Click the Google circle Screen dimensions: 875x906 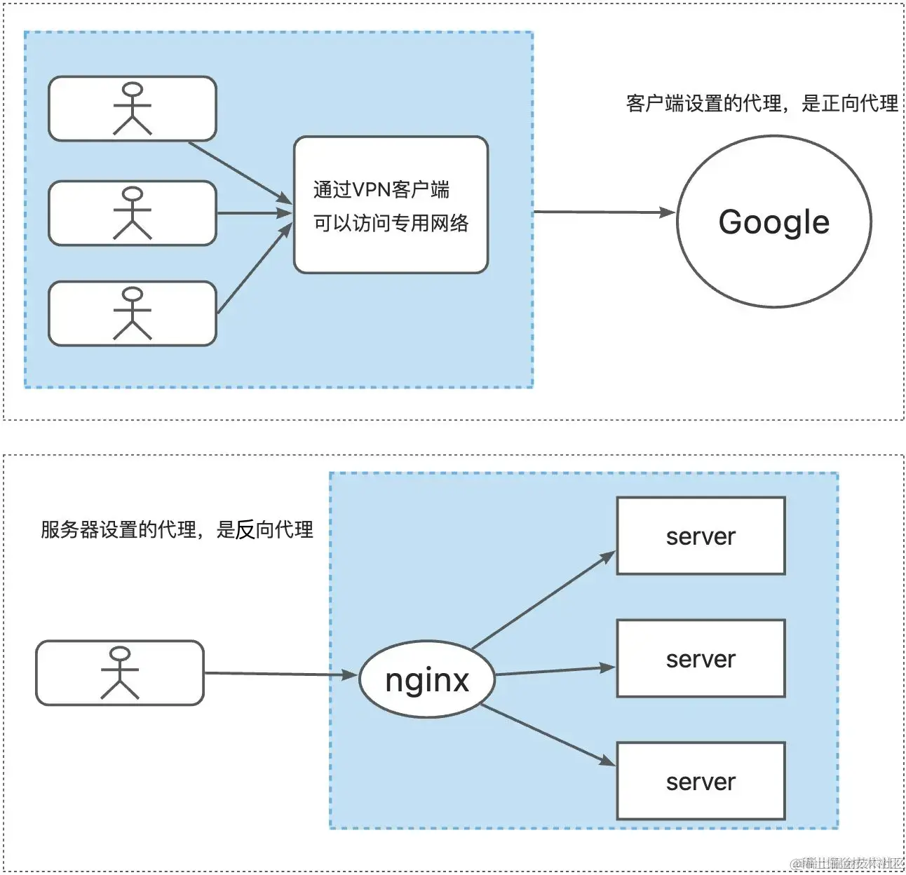(x=773, y=222)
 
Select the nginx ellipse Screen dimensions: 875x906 (x=427, y=679)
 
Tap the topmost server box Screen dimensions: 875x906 (x=701, y=536)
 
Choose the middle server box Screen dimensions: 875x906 (x=701, y=658)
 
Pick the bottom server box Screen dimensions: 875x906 (x=701, y=781)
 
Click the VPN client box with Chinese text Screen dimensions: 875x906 (x=391, y=205)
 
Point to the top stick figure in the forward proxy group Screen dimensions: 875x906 (x=133, y=109)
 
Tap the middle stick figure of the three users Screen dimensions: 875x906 (x=133, y=213)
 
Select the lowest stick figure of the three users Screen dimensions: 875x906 (x=133, y=313)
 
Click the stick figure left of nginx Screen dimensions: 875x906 (x=120, y=673)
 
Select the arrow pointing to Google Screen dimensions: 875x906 (x=603, y=212)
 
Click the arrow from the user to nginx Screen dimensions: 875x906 (x=280, y=674)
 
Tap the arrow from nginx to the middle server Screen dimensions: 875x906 (x=554, y=671)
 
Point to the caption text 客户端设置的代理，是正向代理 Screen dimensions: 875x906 (x=762, y=104)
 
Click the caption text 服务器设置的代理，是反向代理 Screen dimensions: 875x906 (x=177, y=530)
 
